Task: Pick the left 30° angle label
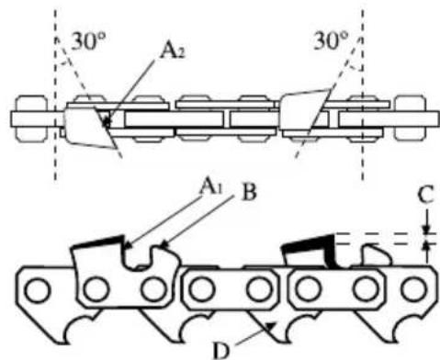pyautogui.click(x=84, y=40)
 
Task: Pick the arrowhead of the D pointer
pyautogui.click(x=268, y=322)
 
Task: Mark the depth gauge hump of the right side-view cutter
pyautogui.click(x=376, y=252)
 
